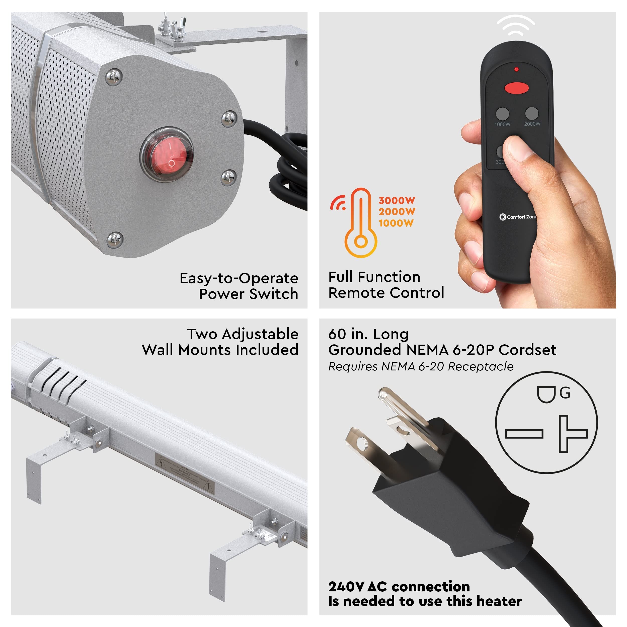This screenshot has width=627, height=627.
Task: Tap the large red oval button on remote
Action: pyautogui.click(x=516, y=88)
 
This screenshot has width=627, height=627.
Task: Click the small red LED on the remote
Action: pyautogui.click(x=516, y=69)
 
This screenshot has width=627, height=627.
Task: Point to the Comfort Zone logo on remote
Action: pyautogui.click(x=517, y=217)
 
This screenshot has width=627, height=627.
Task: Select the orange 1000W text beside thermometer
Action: pyautogui.click(x=396, y=223)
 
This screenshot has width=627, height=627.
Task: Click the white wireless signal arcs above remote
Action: pyautogui.click(x=515, y=25)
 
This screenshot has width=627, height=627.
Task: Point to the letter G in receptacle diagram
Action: pyautogui.click(x=565, y=393)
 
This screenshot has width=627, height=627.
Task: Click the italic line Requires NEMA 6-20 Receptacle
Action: pyautogui.click(x=421, y=366)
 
